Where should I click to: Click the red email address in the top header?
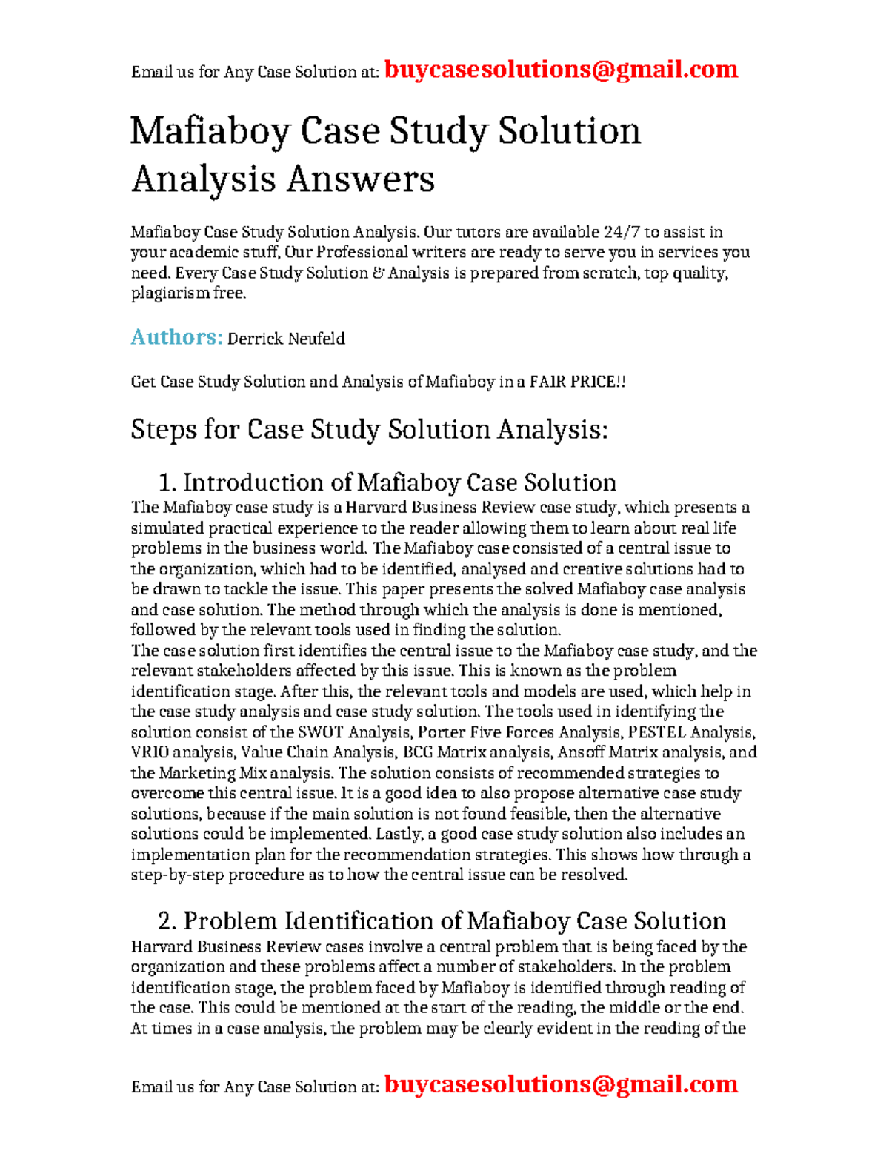click(561, 70)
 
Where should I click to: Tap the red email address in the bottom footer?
click(561, 1084)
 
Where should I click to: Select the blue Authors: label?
click(176, 337)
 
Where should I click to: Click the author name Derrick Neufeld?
click(286, 339)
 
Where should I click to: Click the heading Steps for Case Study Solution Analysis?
click(369, 429)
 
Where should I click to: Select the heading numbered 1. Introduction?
click(387, 482)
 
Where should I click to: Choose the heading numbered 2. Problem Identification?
click(442, 921)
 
